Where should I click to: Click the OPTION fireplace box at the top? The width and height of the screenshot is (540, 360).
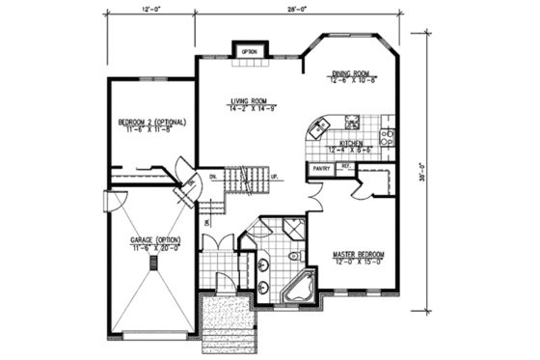tap(248, 50)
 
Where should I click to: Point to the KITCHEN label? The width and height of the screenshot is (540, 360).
tap(350, 147)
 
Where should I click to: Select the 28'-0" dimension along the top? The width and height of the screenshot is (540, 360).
tap(295, 13)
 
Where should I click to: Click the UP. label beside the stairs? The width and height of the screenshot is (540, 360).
tap(275, 177)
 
